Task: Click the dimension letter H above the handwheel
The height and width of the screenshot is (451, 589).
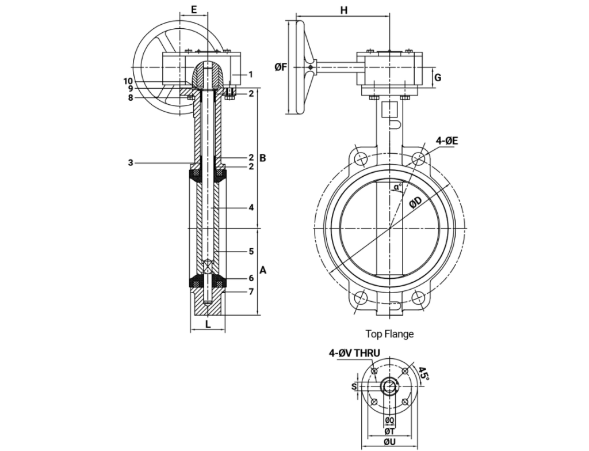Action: (344, 10)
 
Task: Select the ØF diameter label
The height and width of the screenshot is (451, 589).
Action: (281, 67)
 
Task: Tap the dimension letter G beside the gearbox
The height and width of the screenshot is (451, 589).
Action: (438, 77)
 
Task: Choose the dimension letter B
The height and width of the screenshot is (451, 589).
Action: (262, 157)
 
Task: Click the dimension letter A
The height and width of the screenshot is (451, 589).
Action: (263, 270)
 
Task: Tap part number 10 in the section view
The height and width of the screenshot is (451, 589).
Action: (128, 81)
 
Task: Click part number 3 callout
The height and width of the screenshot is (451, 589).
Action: (131, 163)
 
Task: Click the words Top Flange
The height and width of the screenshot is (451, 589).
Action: (389, 333)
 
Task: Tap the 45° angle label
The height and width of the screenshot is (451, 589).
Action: (424, 374)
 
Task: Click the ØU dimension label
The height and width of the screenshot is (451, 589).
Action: (389, 442)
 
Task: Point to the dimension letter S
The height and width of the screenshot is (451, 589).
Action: (354, 386)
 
